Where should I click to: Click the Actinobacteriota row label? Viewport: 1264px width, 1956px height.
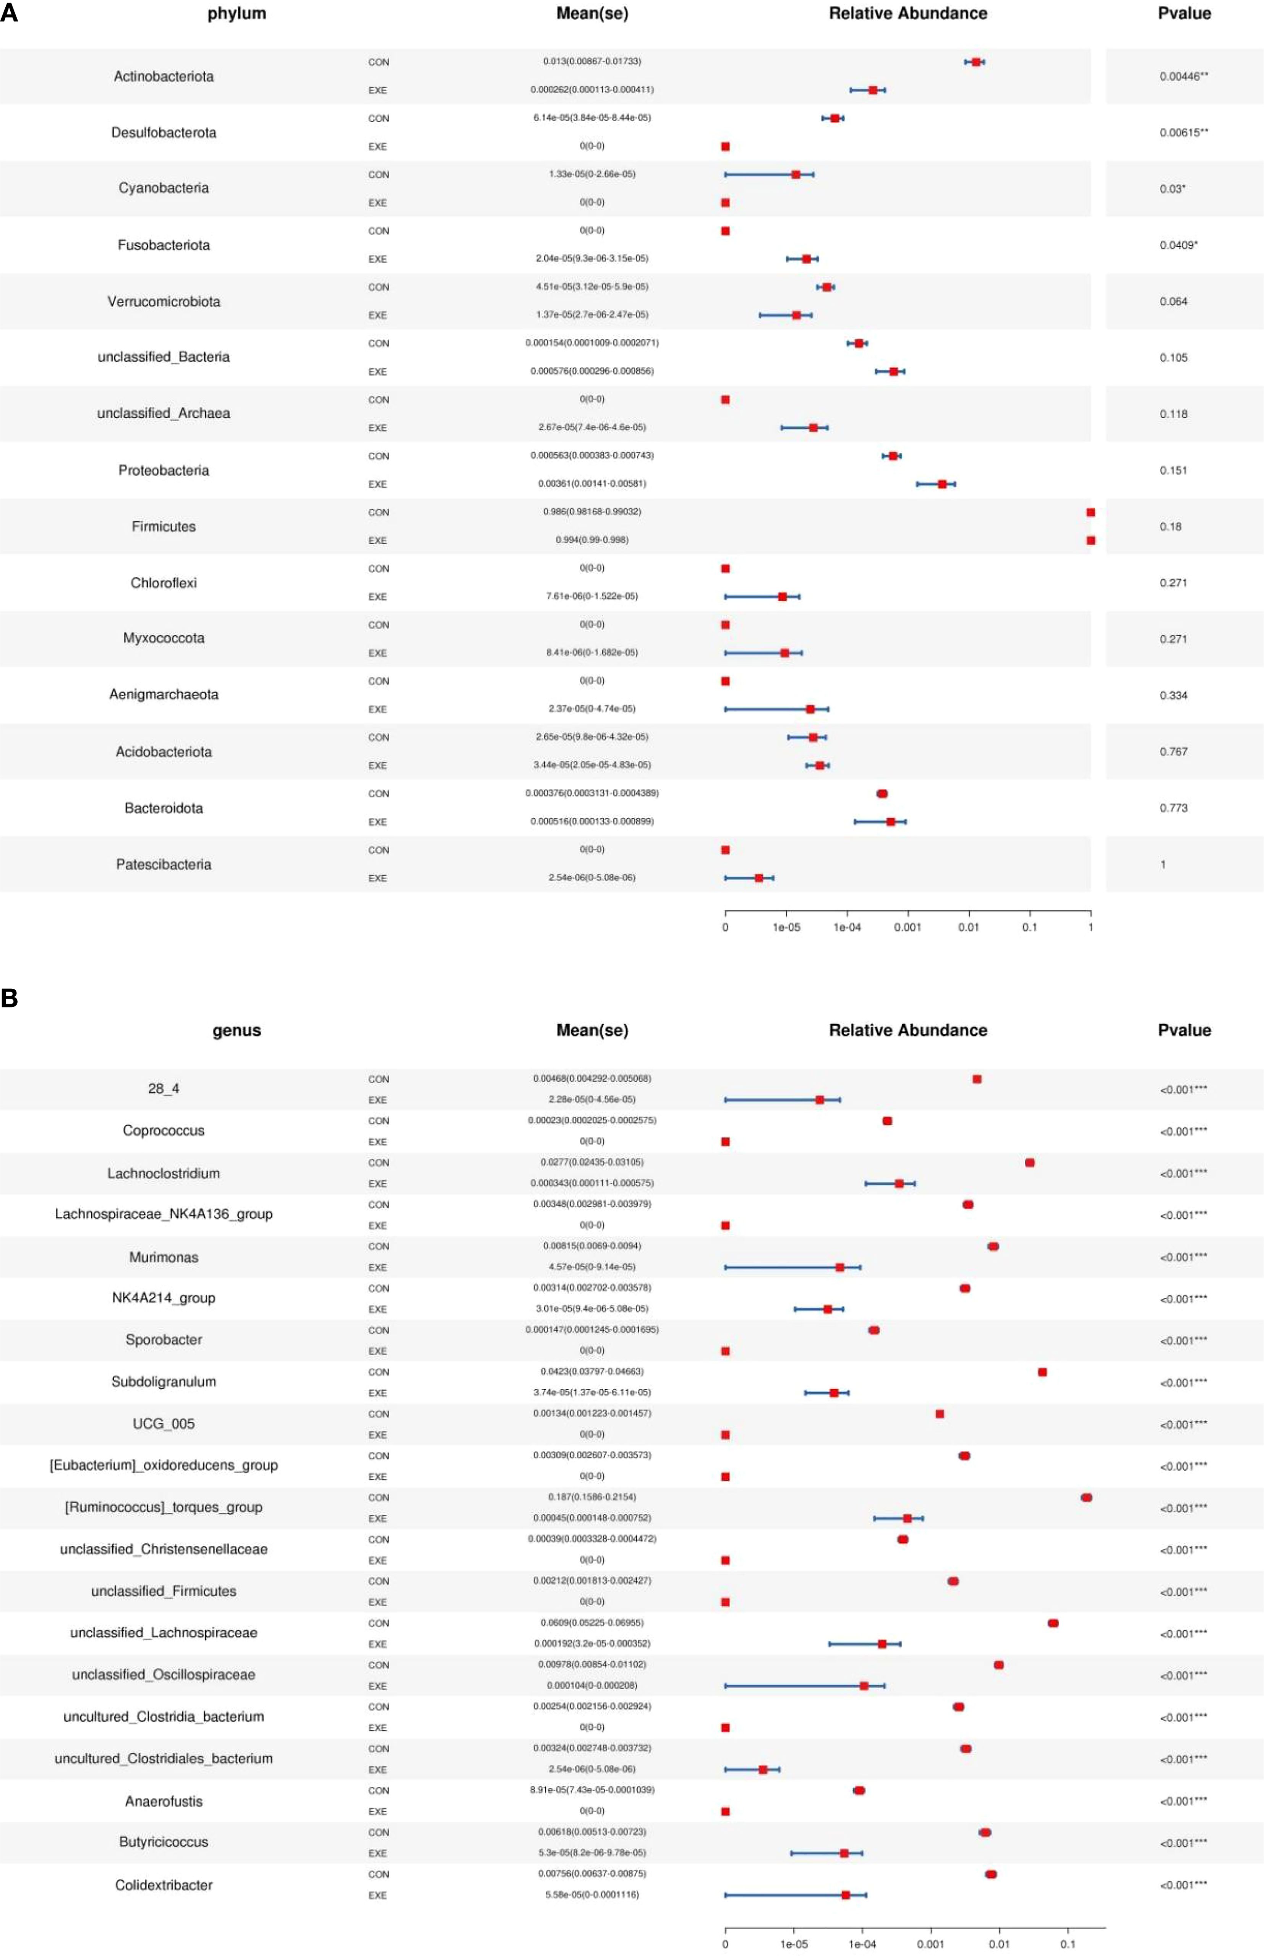point(163,76)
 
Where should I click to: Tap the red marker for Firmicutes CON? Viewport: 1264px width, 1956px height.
point(1090,512)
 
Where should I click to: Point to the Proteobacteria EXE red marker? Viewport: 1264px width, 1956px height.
point(942,484)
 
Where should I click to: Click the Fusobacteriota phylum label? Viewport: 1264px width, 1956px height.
point(163,245)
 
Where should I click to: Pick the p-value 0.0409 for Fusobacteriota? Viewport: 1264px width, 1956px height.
point(1178,245)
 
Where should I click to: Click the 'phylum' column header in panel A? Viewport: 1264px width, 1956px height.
point(237,13)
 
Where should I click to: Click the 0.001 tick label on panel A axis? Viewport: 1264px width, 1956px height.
point(907,928)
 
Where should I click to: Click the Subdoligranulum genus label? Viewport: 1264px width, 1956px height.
point(163,1382)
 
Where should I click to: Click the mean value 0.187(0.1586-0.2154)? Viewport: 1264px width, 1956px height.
point(592,1497)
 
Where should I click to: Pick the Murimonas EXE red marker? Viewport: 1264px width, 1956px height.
point(839,1267)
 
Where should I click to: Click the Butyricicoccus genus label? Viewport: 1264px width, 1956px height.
point(163,1842)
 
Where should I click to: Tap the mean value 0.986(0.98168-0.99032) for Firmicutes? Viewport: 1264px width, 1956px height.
point(592,511)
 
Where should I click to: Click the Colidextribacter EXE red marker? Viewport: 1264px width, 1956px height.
point(845,1895)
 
